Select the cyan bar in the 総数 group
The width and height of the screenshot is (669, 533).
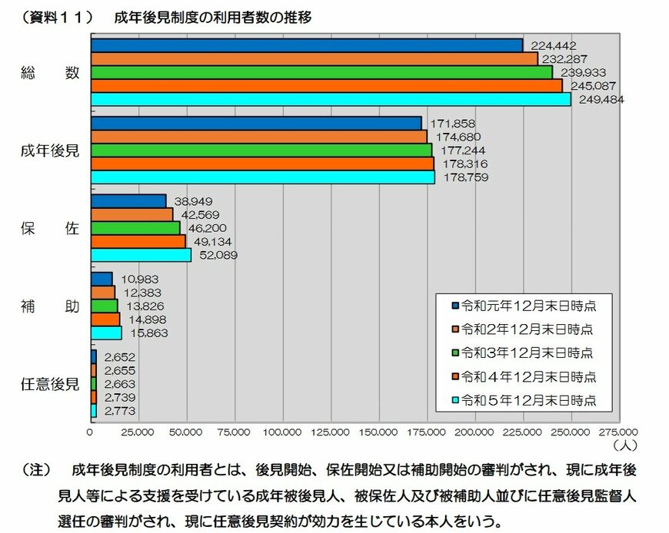[331, 99]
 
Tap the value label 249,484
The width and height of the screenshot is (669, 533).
[597, 99]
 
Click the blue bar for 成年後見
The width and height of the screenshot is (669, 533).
[256, 123]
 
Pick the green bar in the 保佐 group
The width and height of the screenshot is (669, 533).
[135, 228]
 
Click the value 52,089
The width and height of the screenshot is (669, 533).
[215, 255]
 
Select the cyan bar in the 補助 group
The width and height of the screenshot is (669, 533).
[106, 333]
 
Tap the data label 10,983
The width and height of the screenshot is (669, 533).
[136, 279]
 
